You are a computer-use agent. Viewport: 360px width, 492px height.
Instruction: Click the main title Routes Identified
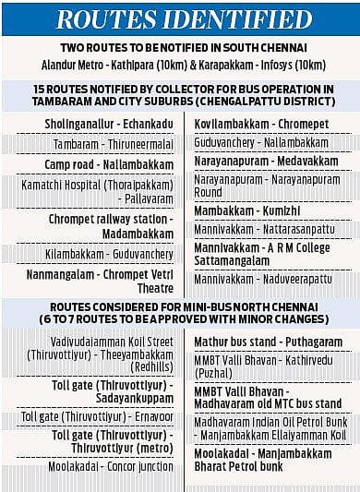point(180,18)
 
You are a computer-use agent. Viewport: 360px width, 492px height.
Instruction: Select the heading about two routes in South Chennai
point(180,48)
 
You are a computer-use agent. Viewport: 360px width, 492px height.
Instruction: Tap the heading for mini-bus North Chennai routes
point(180,312)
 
